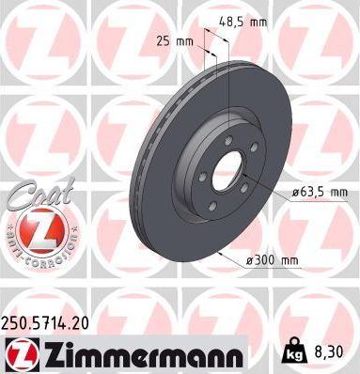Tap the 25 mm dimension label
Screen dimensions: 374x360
[x=178, y=41]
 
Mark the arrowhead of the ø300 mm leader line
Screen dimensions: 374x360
[x=220, y=255]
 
